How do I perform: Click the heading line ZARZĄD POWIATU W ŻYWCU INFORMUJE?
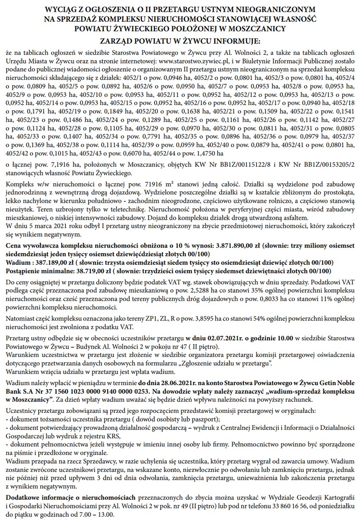tap(180, 41)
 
